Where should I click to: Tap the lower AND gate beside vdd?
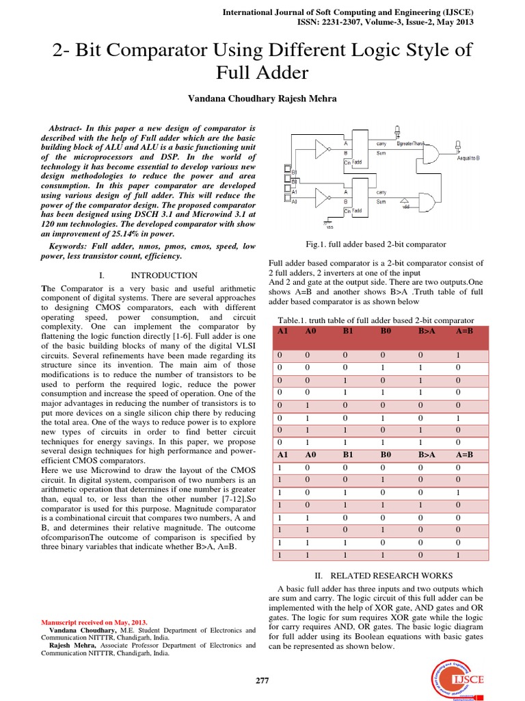(x=427, y=203)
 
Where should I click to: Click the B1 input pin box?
(x=288, y=181)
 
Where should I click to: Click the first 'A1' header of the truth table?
(x=284, y=331)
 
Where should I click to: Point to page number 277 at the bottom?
(x=262, y=680)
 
